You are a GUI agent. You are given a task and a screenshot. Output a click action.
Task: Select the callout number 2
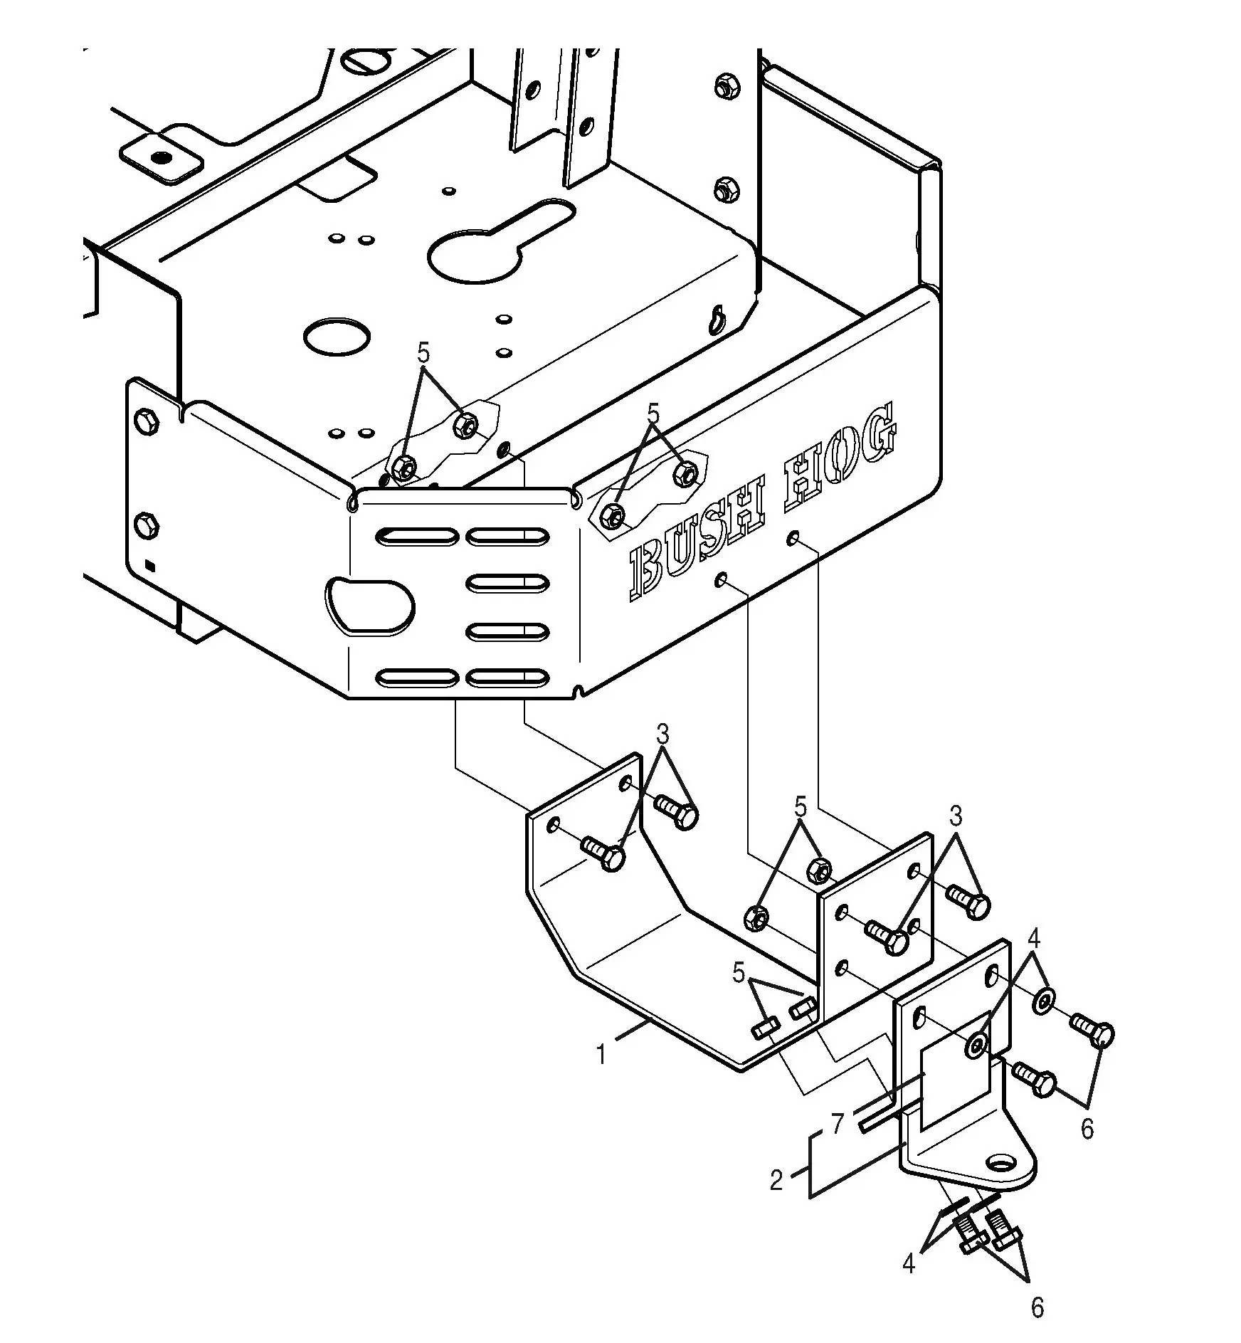(x=776, y=1180)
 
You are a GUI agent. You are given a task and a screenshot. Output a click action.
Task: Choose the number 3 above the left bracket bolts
(x=662, y=733)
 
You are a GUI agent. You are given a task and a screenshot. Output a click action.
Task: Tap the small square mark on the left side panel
(x=150, y=566)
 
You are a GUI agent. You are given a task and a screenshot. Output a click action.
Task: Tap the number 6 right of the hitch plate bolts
(x=1087, y=1129)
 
